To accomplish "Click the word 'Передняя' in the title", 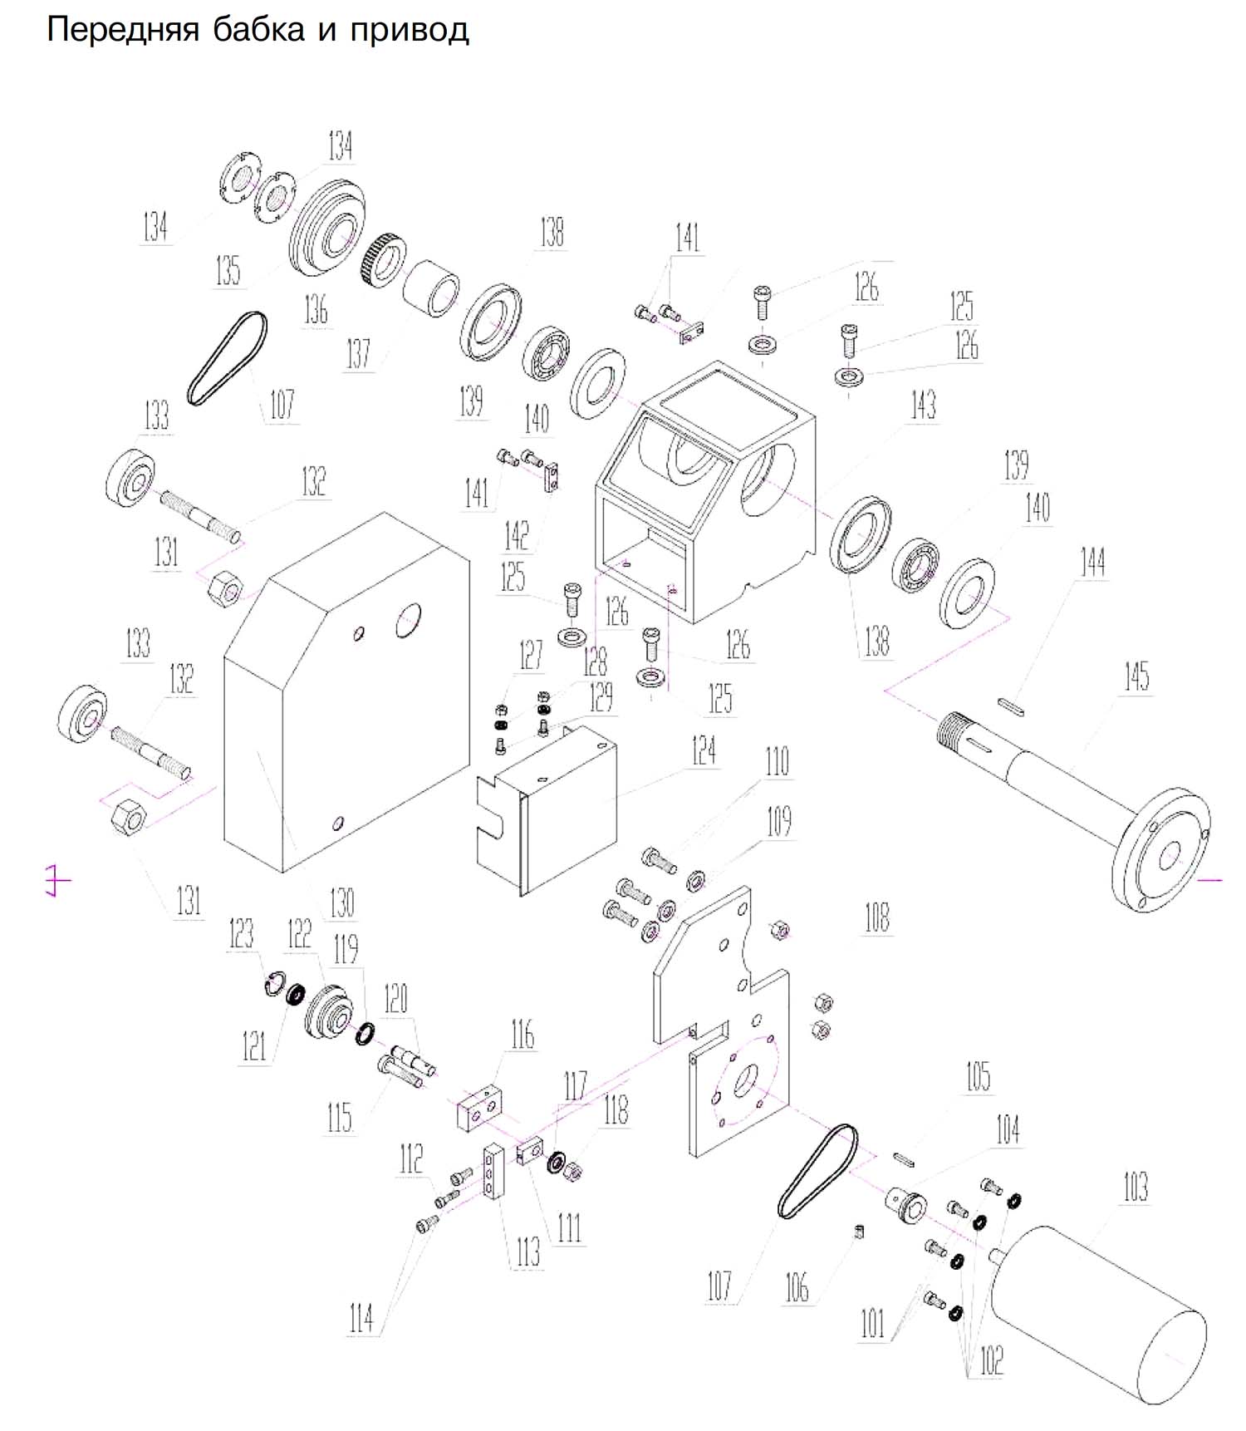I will [x=123, y=31].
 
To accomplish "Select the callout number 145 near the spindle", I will [x=1136, y=676].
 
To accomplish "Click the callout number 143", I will [x=923, y=405].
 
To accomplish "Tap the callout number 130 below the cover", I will [x=342, y=902].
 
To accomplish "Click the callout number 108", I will [x=877, y=917].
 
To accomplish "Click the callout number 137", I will [x=358, y=353].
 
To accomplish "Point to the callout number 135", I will [x=228, y=270].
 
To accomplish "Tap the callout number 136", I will [x=316, y=309].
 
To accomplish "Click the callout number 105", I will [x=978, y=1076].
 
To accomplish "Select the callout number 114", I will [x=361, y=1317].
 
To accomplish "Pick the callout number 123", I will [x=241, y=933].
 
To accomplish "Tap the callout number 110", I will [x=777, y=761].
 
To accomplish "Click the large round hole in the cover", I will [x=408, y=620].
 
